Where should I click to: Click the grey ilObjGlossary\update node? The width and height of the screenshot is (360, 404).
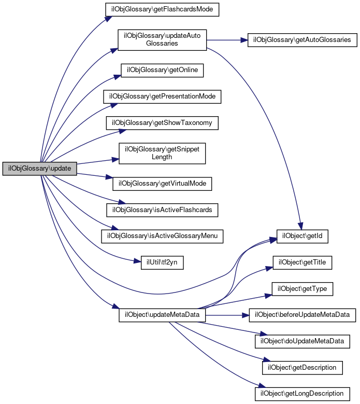pyautogui.click(x=40, y=169)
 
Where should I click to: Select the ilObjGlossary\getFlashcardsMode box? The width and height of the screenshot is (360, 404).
pyautogui.click(x=162, y=10)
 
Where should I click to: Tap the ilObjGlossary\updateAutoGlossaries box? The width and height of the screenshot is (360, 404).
pyautogui.click(x=162, y=40)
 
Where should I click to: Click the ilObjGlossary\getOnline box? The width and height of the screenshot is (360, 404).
pyautogui.click(x=162, y=70)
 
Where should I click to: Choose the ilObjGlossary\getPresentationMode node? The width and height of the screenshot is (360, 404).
pyautogui.click(x=162, y=96)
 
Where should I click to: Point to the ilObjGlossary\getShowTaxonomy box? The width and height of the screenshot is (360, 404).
pyautogui.click(x=162, y=123)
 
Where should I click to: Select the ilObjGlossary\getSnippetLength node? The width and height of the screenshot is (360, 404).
pyautogui.click(x=162, y=153)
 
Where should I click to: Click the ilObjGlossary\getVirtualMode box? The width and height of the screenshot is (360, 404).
pyautogui.click(x=162, y=183)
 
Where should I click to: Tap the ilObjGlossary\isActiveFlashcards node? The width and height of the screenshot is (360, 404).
pyautogui.click(x=162, y=210)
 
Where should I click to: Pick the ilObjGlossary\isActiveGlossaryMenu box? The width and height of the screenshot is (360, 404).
pyautogui.click(x=162, y=236)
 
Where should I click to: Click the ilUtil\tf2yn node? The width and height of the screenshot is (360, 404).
pyautogui.click(x=162, y=262)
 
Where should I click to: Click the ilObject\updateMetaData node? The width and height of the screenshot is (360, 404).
pyautogui.click(x=162, y=315)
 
